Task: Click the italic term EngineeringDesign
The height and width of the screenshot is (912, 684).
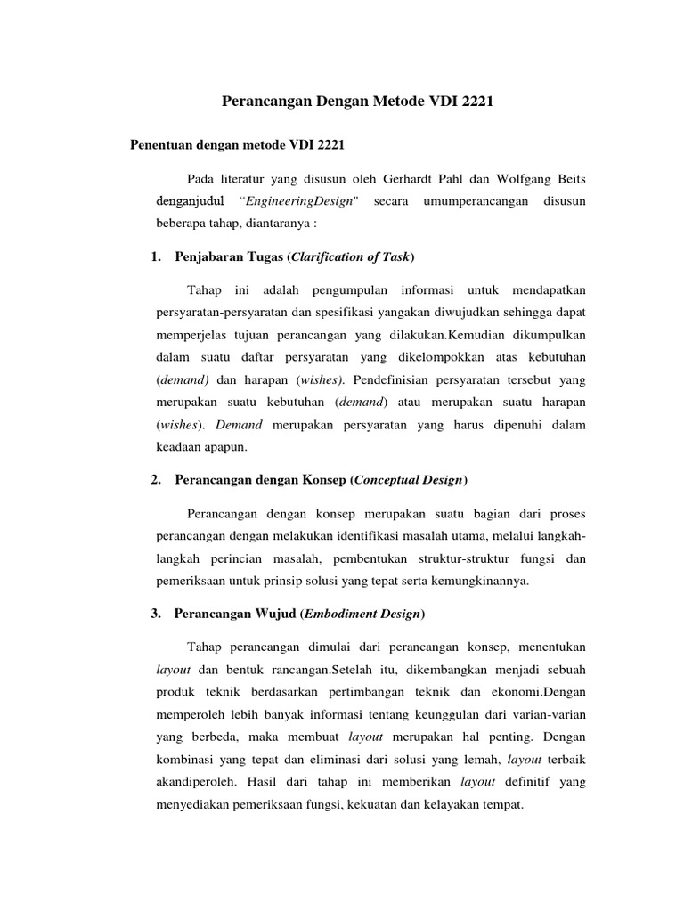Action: pos(296,201)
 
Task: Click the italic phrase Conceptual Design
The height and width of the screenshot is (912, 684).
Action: pos(409,480)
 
